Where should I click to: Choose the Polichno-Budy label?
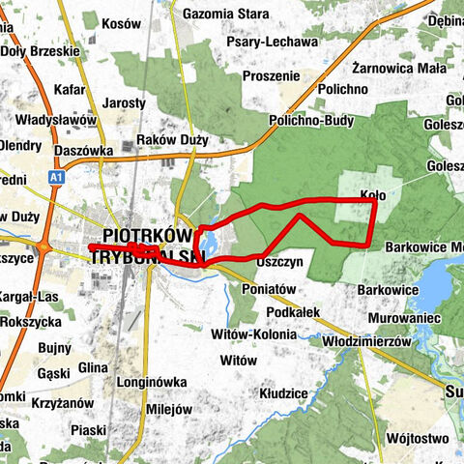click(x=312, y=122)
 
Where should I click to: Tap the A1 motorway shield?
click(x=57, y=178)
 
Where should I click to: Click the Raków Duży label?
click(x=172, y=140)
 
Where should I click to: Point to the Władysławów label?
click(x=55, y=120)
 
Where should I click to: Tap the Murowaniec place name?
click(x=404, y=317)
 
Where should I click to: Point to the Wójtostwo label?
click(x=415, y=438)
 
